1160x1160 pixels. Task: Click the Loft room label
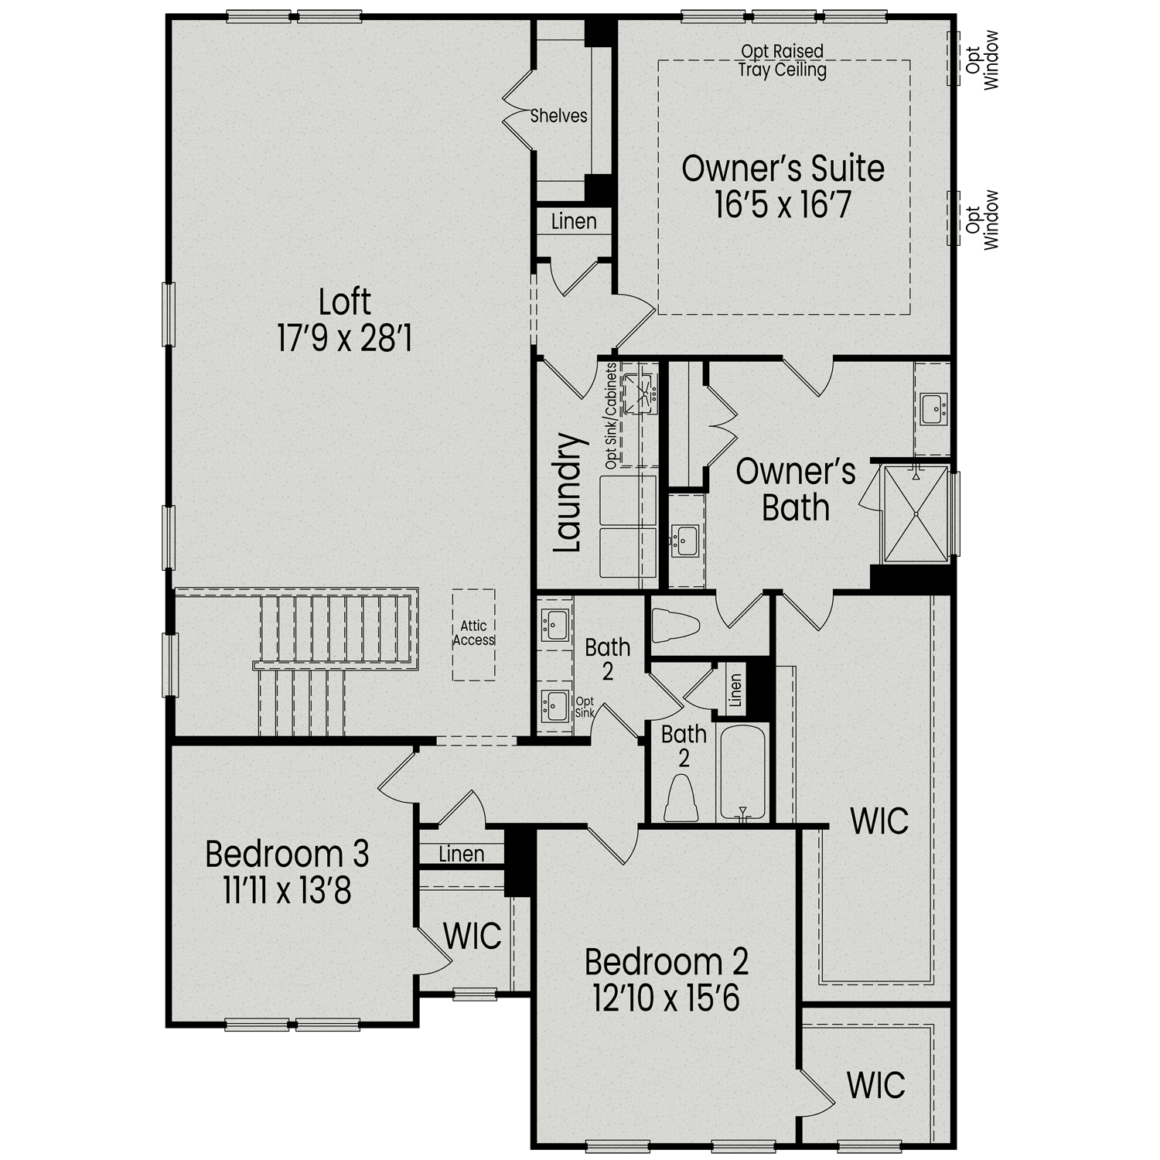click(345, 302)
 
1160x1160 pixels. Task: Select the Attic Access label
click(474, 633)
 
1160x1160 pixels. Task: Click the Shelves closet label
click(558, 116)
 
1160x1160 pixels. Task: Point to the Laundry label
click(568, 493)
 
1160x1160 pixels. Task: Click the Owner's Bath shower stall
click(916, 513)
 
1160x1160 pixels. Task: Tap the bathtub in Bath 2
click(742, 772)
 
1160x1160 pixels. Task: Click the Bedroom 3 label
click(287, 855)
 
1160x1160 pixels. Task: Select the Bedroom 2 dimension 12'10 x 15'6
click(666, 998)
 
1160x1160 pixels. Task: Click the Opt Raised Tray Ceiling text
click(782, 61)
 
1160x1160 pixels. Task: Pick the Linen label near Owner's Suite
click(574, 222)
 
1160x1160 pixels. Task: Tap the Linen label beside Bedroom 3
click(462, 855)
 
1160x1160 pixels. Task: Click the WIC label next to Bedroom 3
click(472, 937)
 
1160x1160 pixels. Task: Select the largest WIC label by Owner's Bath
click(879, 822)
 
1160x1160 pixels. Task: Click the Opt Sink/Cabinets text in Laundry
click(611, 416)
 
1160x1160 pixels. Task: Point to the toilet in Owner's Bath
click(674, 625)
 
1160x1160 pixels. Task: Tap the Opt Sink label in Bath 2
click(585, 707)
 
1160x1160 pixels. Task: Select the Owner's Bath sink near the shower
click(933, 408)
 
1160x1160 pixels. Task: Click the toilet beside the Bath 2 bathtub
click(681, 799)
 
